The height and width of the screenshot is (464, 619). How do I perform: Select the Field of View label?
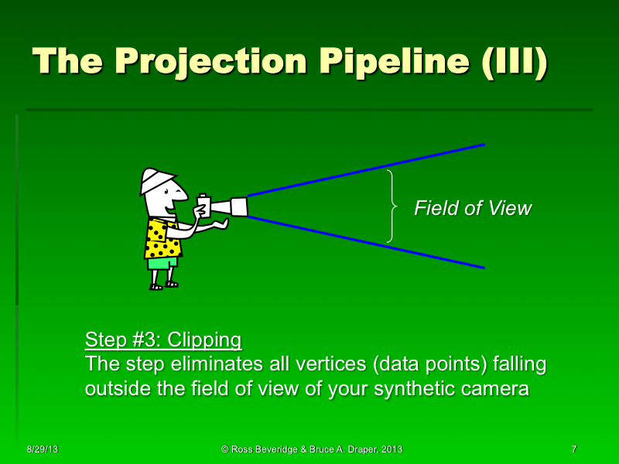[473, 208]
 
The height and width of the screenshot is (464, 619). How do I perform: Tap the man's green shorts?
[162, 263]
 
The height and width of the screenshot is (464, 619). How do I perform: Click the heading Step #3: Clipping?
[162, 339]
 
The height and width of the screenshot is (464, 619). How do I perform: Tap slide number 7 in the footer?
[573, 449]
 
